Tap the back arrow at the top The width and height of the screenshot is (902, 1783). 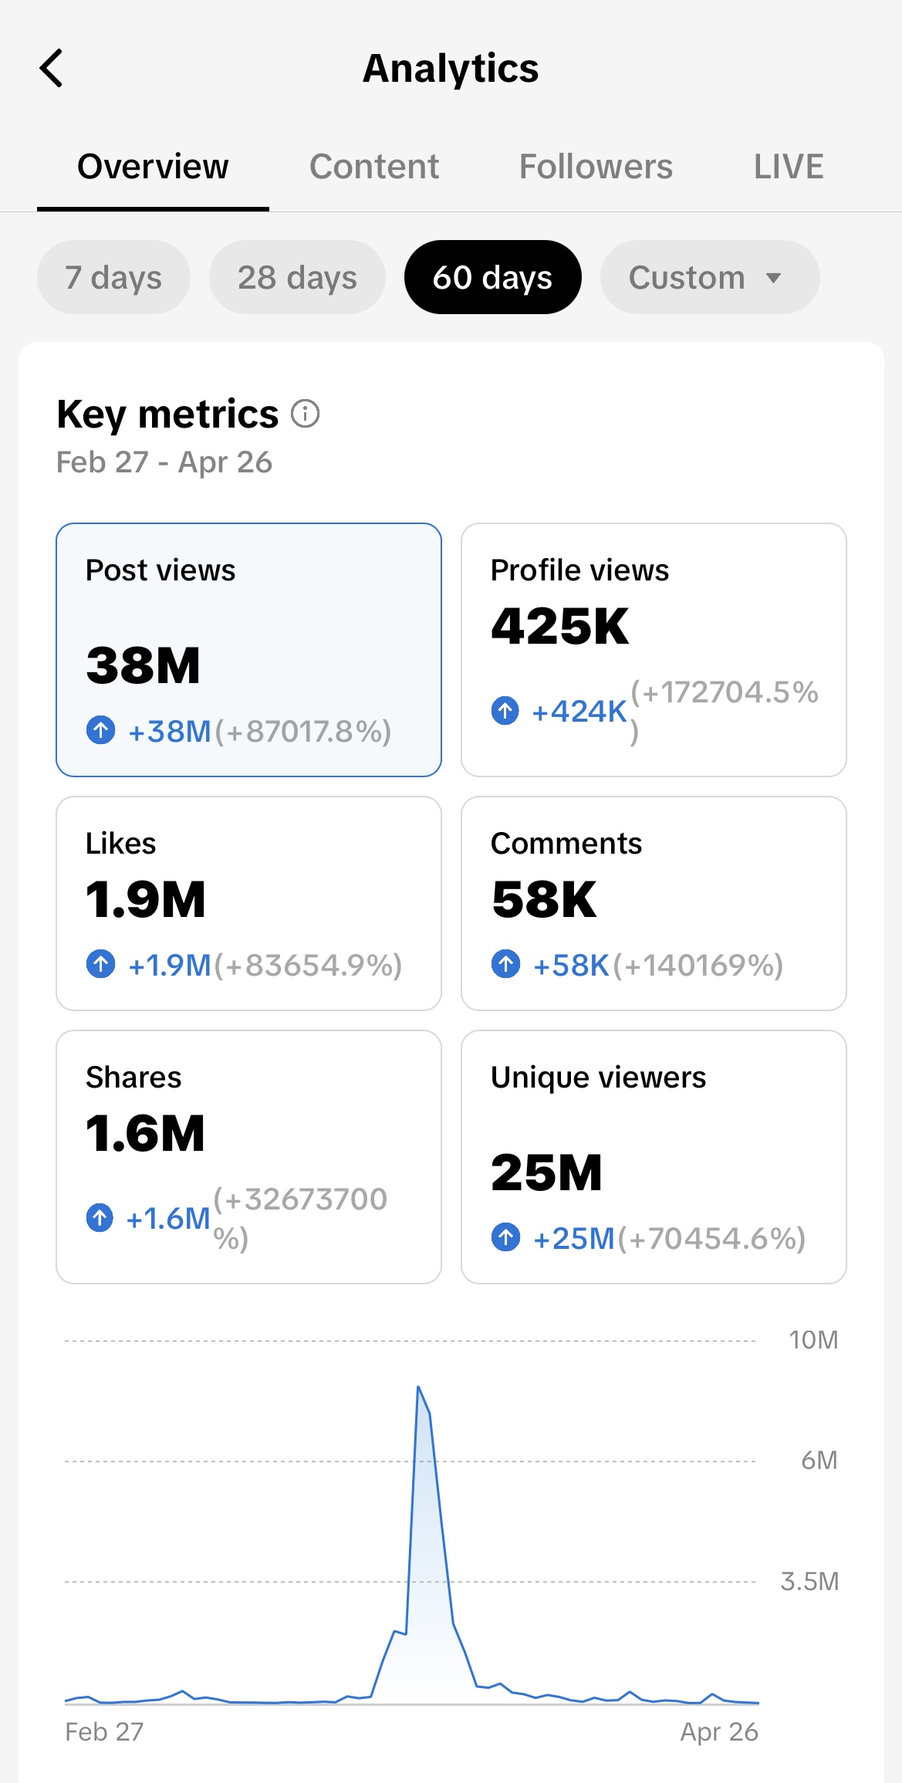(x=51, y=68)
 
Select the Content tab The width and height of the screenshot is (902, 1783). (x=374, y=167)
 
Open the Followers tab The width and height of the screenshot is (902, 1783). (x=596, y=167)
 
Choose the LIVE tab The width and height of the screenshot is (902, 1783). (x=789, y=167)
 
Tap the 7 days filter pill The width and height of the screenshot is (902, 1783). (x=113, y=277)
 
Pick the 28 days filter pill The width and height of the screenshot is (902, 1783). (x=297, y=277)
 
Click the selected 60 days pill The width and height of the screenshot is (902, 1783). (x=492, y=277)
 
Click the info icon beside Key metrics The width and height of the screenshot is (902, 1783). (x=305, y=414)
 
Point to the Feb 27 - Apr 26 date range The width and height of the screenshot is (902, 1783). (x=164, y=462)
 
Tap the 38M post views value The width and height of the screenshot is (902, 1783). (x=144, y=665)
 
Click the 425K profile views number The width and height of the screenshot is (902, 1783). (x=560, y=626)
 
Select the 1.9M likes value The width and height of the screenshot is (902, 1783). (x=146, y=900)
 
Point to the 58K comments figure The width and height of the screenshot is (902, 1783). (x=544, y=900)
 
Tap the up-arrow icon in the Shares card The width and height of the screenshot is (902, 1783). (x=100, y=1218)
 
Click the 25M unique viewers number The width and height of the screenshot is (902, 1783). (x=546, y=1173)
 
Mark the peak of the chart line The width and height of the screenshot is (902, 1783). (x=418, y=1387)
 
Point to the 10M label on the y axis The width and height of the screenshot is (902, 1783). (x=813, y=1340)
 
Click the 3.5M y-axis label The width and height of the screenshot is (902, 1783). (x=809, y=1582)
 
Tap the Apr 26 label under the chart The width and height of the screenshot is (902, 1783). (x=719, y=1732)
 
